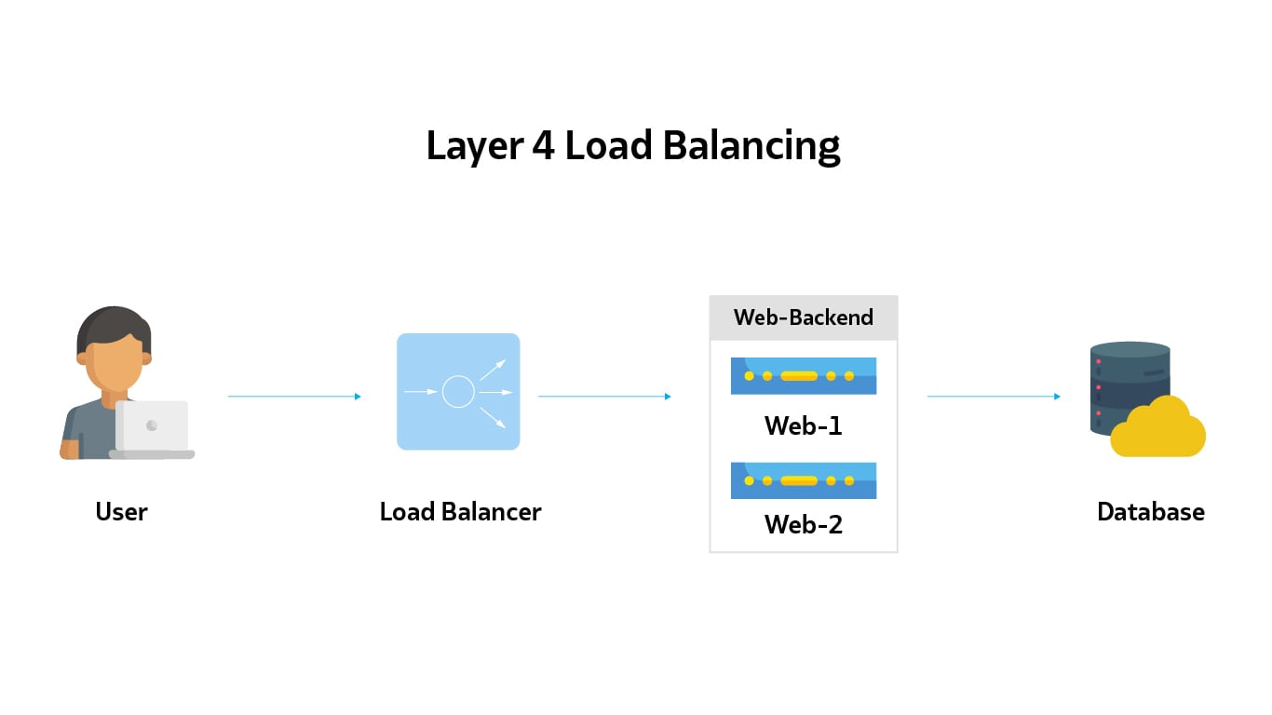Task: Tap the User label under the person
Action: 121,511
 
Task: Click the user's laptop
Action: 152,428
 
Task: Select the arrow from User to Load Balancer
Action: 293,397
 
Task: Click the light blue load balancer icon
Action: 458,391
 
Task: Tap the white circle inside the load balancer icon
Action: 458,392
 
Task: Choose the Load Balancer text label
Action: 460,511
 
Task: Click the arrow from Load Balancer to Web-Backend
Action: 603,397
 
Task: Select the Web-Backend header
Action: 803,317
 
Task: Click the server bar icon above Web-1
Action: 803,376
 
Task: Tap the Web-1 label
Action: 803,425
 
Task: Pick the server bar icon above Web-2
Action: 803,480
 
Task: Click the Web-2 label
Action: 803,524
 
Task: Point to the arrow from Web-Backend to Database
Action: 993,397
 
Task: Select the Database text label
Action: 1150,511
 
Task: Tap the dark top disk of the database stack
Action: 1130,350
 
